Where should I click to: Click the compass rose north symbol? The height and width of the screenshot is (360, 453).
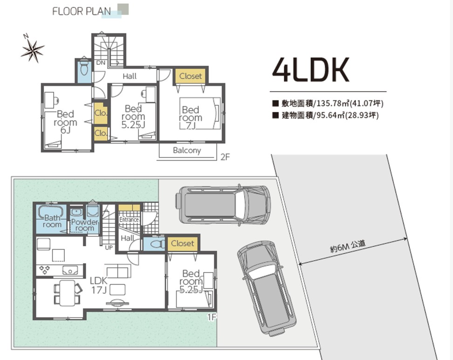(x=33, y=50)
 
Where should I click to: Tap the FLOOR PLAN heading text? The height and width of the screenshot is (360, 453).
(x=82, y=11)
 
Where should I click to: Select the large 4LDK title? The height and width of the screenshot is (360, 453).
(x=311, y=70)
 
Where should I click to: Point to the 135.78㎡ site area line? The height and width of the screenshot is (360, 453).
(x=328, y=103)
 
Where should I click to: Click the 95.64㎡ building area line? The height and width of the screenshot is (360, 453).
(x=326, y=115)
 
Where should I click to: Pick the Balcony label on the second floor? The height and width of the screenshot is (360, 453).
(x=187, y=150)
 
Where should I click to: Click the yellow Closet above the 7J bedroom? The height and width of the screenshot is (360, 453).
(x=191, y=76)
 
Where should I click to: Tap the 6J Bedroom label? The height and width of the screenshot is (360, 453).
(x=66, y=122)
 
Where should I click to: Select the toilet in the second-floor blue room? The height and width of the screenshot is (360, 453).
(x=84, y=67)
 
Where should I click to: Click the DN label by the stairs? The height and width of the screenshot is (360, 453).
(x=101, y=63)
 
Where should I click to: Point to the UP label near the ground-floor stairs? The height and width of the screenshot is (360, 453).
(x=109, y=248)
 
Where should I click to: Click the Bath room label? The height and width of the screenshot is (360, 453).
(x=52, y=221)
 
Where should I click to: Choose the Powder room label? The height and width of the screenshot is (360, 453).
(x=85, y=225)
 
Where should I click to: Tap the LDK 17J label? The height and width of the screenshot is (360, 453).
(x=99, y=285)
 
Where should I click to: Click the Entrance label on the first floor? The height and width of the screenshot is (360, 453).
(x=129, y=220)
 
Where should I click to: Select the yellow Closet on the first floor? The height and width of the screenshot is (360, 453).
(x=183, y=243)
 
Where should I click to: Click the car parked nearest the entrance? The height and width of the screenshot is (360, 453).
(x=223, y=205)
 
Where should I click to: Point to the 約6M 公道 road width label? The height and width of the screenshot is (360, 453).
(x=348, y=246)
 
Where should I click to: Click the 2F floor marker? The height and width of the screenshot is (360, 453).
(x=225, y=157)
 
